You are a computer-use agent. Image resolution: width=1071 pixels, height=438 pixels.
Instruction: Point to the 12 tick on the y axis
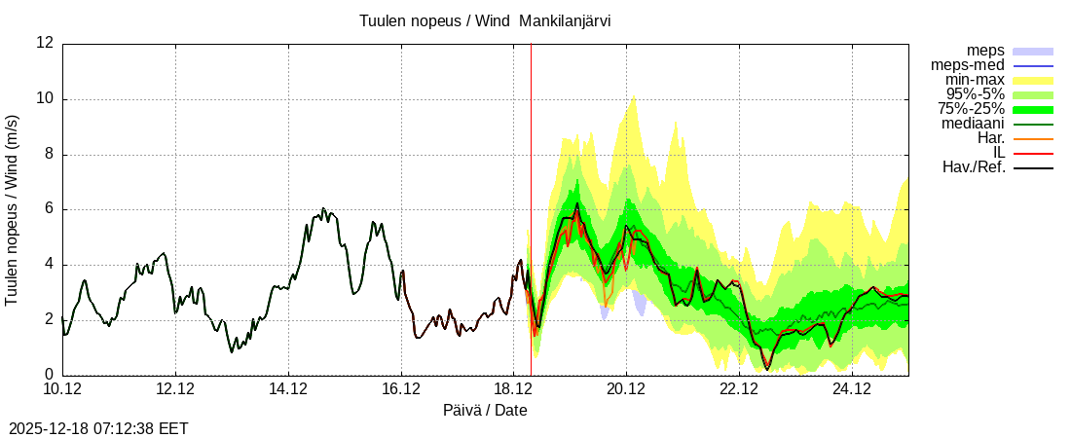point(45,43)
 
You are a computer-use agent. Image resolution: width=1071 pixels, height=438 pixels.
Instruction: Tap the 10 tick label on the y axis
point(45,98)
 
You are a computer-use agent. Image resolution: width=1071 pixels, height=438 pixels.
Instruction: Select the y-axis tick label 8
point(49,154)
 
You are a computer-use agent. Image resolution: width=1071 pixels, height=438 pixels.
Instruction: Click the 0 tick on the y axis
point(49,375)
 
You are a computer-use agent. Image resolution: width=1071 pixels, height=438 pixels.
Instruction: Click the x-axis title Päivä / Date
point(485,411)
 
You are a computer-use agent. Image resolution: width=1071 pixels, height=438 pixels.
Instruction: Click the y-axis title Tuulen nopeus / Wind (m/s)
point(13,209)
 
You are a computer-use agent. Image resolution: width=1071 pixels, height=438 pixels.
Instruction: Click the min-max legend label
point(974,79)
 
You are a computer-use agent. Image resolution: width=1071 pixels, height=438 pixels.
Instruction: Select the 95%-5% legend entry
point(973,93)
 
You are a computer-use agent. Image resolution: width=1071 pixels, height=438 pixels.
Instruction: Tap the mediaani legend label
point(973,124)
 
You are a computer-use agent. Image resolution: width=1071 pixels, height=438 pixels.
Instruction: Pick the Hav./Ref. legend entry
point(974,167)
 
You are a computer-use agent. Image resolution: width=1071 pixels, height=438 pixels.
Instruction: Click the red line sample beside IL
point(1033,154)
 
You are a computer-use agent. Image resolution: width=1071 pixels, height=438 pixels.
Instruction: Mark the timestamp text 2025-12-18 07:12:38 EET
point(98,428)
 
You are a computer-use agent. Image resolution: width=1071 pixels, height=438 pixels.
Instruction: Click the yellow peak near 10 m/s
point(634,98)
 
